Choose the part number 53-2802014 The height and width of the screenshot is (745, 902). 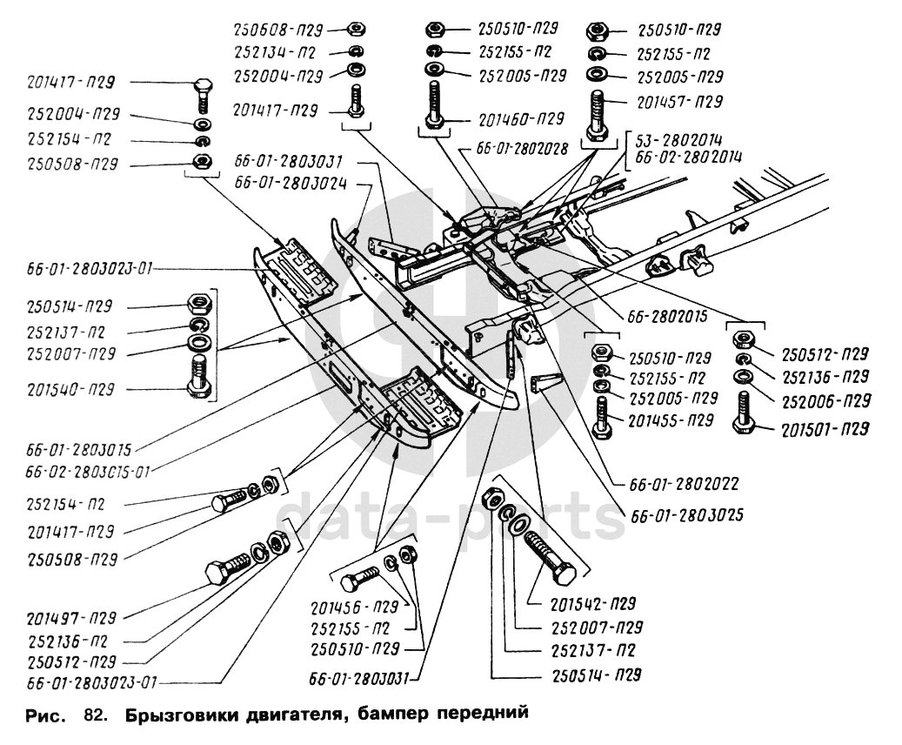coord(680,139)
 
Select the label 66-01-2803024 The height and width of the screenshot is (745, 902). coord(288,184)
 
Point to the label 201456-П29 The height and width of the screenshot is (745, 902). coord(355,606)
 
